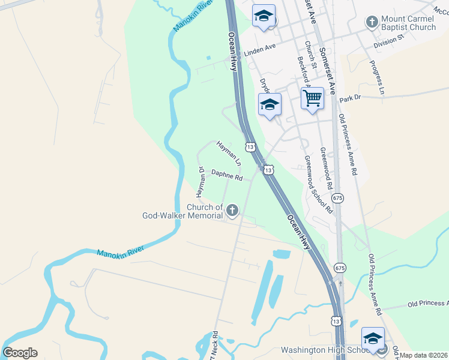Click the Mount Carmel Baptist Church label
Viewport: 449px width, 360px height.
click(408, 23)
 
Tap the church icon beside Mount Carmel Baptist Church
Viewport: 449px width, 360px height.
click(372, 22)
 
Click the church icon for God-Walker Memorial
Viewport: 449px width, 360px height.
click(232, 210)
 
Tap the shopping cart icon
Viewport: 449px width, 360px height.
click(312, 98)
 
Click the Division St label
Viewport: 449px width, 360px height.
click(388, 42)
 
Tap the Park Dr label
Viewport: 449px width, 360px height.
click(349, 98)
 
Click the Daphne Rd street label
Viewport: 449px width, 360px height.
click(226, 175)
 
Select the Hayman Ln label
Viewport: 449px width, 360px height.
click(229, 154)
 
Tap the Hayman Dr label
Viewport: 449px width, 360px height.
click(202, 181)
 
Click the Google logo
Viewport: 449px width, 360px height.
click(20, 353)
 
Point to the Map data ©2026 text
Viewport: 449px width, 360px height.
click(424, 355)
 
